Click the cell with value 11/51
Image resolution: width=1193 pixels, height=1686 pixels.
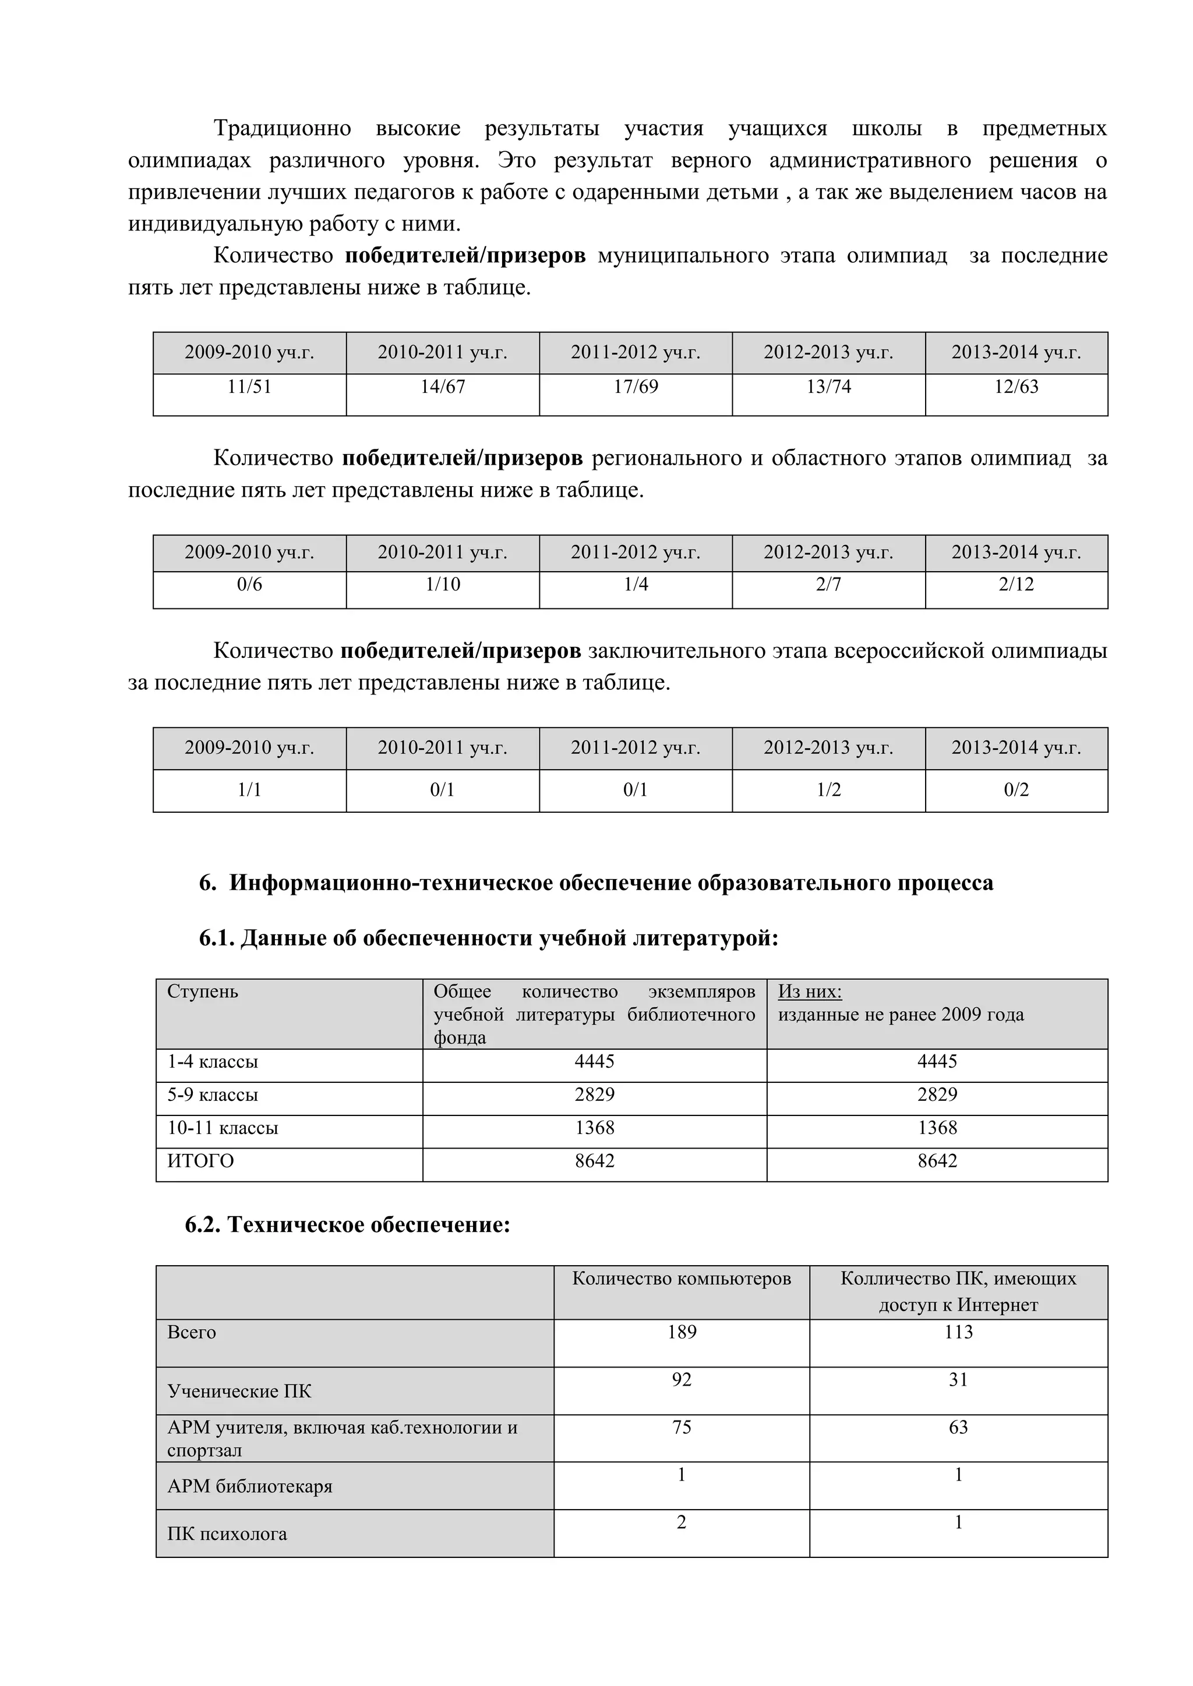pyautogui.click(x=249, y=387)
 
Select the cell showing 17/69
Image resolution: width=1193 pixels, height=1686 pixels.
pyautogui.click(x=636, y=387)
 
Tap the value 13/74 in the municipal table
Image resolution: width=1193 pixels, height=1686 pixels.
pyautogui.click(x=829, y=387)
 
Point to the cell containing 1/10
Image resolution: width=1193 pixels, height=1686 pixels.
pyautogui.click(x=443, y=585)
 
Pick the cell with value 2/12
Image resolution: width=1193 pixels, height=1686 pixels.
pyautogui.click(x=1016, y=585)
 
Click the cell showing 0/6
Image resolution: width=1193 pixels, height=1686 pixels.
pyautogui.click(x=249, y=585)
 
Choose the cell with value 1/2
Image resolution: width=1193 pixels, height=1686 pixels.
pyautogui.click(x=829, y=790)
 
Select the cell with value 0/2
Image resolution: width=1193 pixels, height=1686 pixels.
pyautogui.click(x=1016, y=790)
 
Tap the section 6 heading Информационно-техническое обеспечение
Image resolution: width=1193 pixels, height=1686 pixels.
pyautogui.click(x=596, y=883)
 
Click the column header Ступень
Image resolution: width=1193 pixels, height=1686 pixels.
pyautogui.click(x=203, y=991)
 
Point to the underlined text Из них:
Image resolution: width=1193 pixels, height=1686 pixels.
pyautogui.click(x=810, y=991)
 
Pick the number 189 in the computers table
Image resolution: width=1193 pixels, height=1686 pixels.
pyautogui.click(x=682, y=1332)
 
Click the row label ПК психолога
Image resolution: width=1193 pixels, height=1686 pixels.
pyautogui.click(x=227, y=1534)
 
